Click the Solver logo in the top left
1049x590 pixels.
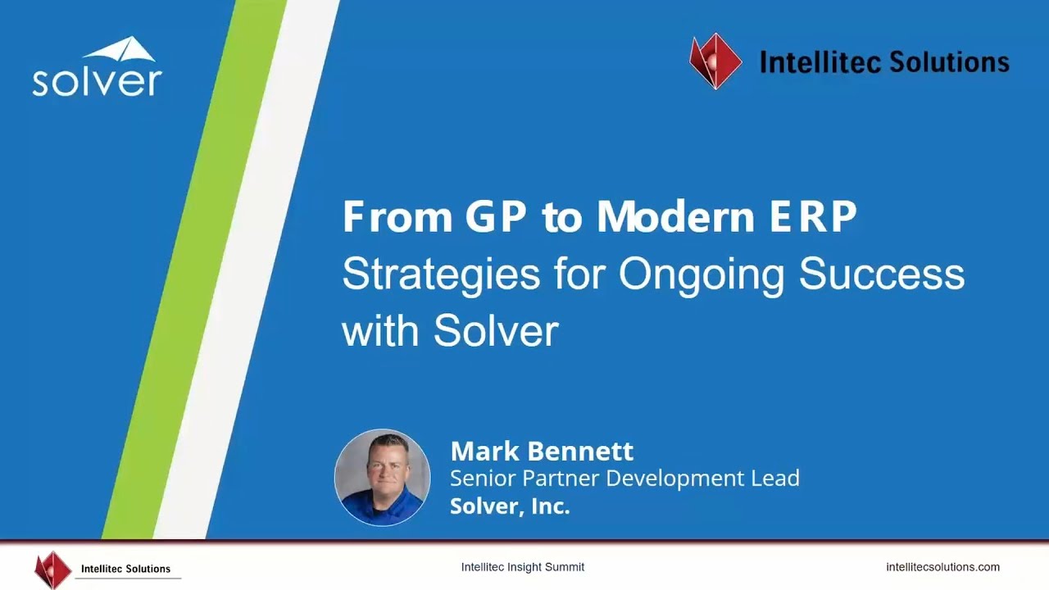[x=97, y=66]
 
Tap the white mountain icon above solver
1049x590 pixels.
[x=120, y=48]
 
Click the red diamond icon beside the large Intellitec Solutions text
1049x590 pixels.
[x=715, y=61]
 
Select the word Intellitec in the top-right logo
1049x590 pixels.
[x=820, y=62]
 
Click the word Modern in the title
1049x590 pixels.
[x=676, y=216]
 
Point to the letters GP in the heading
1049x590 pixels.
[x=496, y=216]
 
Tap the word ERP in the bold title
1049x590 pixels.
[x=814, y=216]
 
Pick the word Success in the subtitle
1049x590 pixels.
[x=882, y=274]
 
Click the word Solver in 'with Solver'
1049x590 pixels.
[x=496, y=331]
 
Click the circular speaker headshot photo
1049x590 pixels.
[x=382, y=477]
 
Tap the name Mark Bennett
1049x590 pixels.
[x=542, y=451]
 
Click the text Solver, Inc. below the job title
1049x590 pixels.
[x=510, y=506]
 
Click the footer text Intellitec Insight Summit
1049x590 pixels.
[x=523, y=567]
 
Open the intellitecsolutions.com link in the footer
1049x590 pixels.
[x=942, y=567]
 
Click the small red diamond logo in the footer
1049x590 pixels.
[x=53, y=570]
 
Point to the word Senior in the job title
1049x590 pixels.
[x=483, y=479]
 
